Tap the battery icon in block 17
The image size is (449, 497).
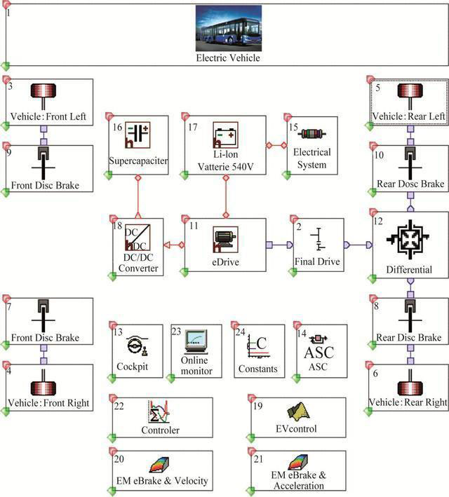[x=225, y=134]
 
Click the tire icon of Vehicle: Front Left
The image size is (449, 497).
[x=48, y=94]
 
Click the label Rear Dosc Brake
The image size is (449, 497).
[x=410, y=184]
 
